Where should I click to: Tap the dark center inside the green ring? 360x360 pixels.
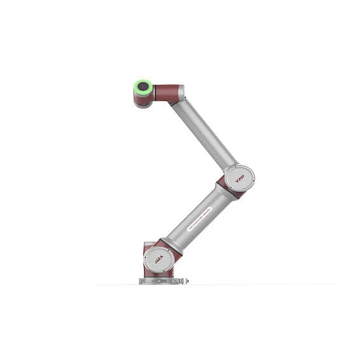click(x=143, y=87)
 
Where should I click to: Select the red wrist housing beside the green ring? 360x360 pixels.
click(x=167, y=92)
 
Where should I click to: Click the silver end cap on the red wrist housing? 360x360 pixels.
click(x=182, y=93)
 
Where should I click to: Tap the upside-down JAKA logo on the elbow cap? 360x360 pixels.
click(x=240, y=178)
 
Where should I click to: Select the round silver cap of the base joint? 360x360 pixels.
click(x=156, y=260)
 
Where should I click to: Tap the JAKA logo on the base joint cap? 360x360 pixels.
click(x=157, y=259)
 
